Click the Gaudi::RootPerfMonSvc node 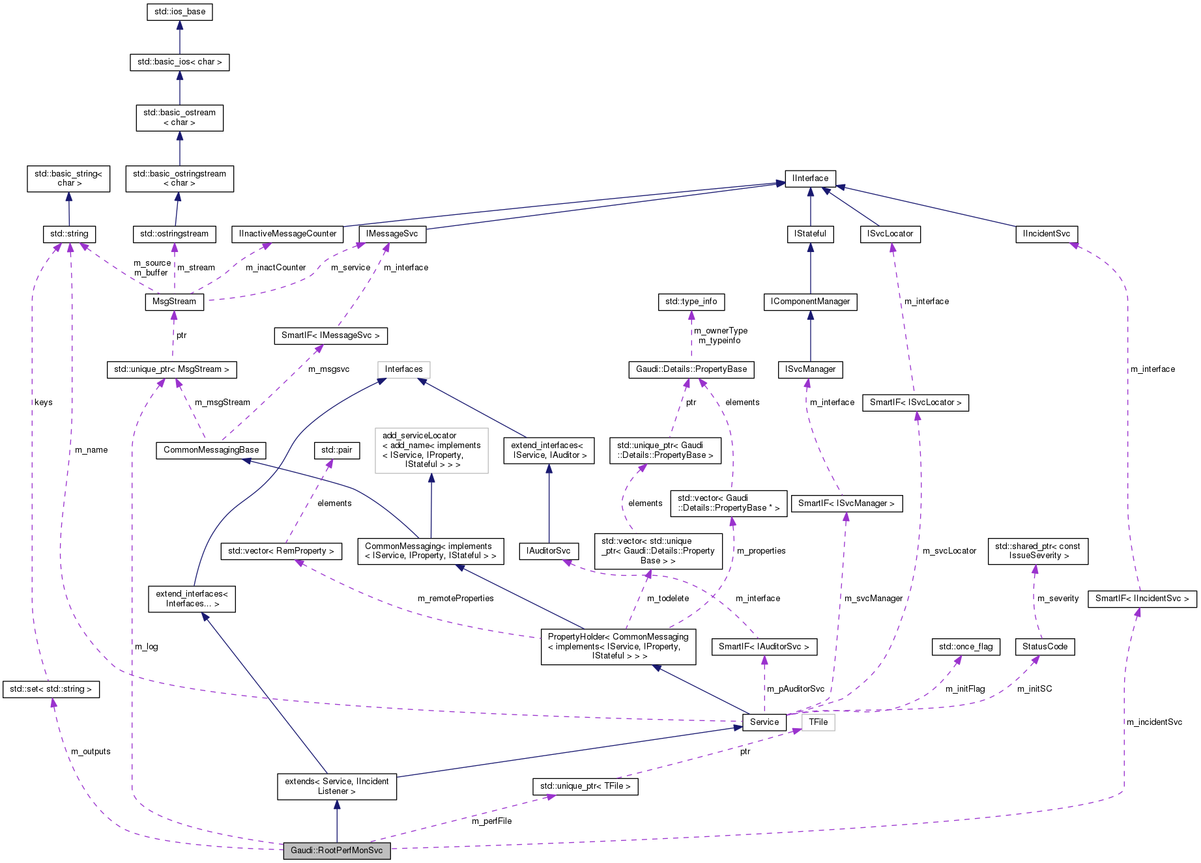[337, 851]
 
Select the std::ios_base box [180, 12]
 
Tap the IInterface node [810, 178]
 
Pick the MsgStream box [174, 302]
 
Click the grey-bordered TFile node [818, 722]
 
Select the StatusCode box [1045, 647]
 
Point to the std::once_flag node [966, 647]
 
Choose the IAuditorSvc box [549, 551]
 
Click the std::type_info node [691, 302]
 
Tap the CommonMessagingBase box [211, 450]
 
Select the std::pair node [336, 450]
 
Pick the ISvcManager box [810, 369]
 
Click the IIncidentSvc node [1047, 234]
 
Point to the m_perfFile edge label [491, 821]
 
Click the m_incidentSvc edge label [1154, 722]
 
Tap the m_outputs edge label [91, 752]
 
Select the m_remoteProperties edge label [456, 599]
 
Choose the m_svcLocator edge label [949, 551]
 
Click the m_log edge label [146, 647]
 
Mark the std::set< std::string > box [51, 689]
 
